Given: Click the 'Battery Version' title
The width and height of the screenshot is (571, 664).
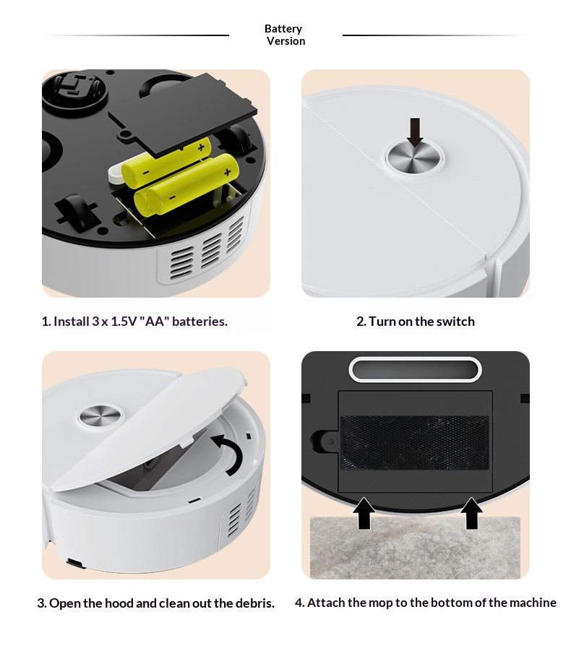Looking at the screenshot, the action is pos(285,35).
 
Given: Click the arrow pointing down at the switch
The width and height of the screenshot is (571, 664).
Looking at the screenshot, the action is pos(415,132).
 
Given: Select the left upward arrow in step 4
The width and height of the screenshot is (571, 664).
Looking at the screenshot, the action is pos(364,513).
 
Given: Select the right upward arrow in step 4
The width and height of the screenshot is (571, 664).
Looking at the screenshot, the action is pos(471,513).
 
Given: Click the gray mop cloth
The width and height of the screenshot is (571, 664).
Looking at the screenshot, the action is pos(415,548).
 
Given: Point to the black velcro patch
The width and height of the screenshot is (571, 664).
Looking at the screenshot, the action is pos(415,442).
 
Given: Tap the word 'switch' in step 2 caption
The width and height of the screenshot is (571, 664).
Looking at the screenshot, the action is pos(455,322).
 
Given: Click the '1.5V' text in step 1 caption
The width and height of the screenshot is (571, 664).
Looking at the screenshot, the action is pos(124,322).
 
